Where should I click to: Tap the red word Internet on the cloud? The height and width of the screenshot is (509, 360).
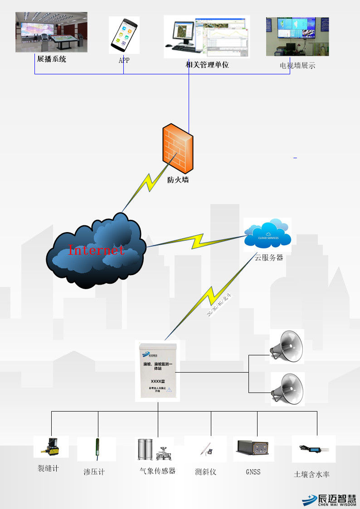coord(96,250)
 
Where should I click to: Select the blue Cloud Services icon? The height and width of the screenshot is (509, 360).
coord(268,234)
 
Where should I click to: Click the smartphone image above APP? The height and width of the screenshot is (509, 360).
coord(123,34)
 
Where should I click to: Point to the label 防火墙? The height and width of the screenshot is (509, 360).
coord(178,180)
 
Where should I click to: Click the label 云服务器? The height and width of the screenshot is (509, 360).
coord(268,257)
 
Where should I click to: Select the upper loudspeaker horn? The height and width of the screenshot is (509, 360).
coord(287,346)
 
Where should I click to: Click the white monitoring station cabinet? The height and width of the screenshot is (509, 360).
coord(157,371)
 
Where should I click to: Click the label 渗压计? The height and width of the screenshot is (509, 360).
coord(94,472)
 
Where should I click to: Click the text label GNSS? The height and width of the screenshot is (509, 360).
coord(253,472)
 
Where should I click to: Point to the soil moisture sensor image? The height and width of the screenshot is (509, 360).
coord(313,449)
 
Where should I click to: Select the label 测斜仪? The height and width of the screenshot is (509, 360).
coord(205,472)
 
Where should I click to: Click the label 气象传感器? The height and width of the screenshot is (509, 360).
coord(157,471)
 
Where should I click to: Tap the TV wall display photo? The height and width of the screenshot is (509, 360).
coord(297,37)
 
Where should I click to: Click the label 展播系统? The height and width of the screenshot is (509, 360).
coord(51,58)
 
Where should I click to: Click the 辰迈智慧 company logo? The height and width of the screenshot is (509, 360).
coord(330,499)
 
